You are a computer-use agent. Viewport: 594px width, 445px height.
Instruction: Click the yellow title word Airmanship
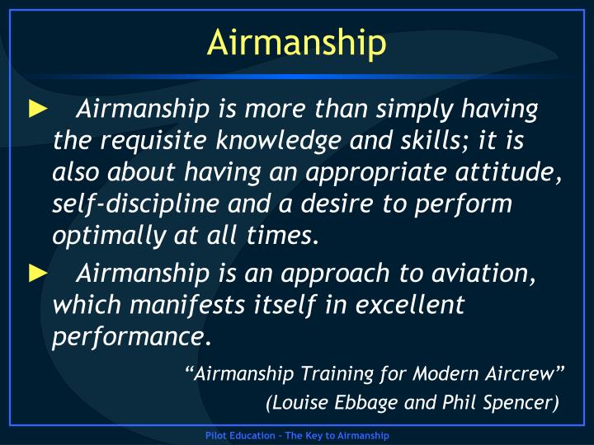(x=296, y=43)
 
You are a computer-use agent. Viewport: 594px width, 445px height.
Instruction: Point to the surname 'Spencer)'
(x=523, y=403)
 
